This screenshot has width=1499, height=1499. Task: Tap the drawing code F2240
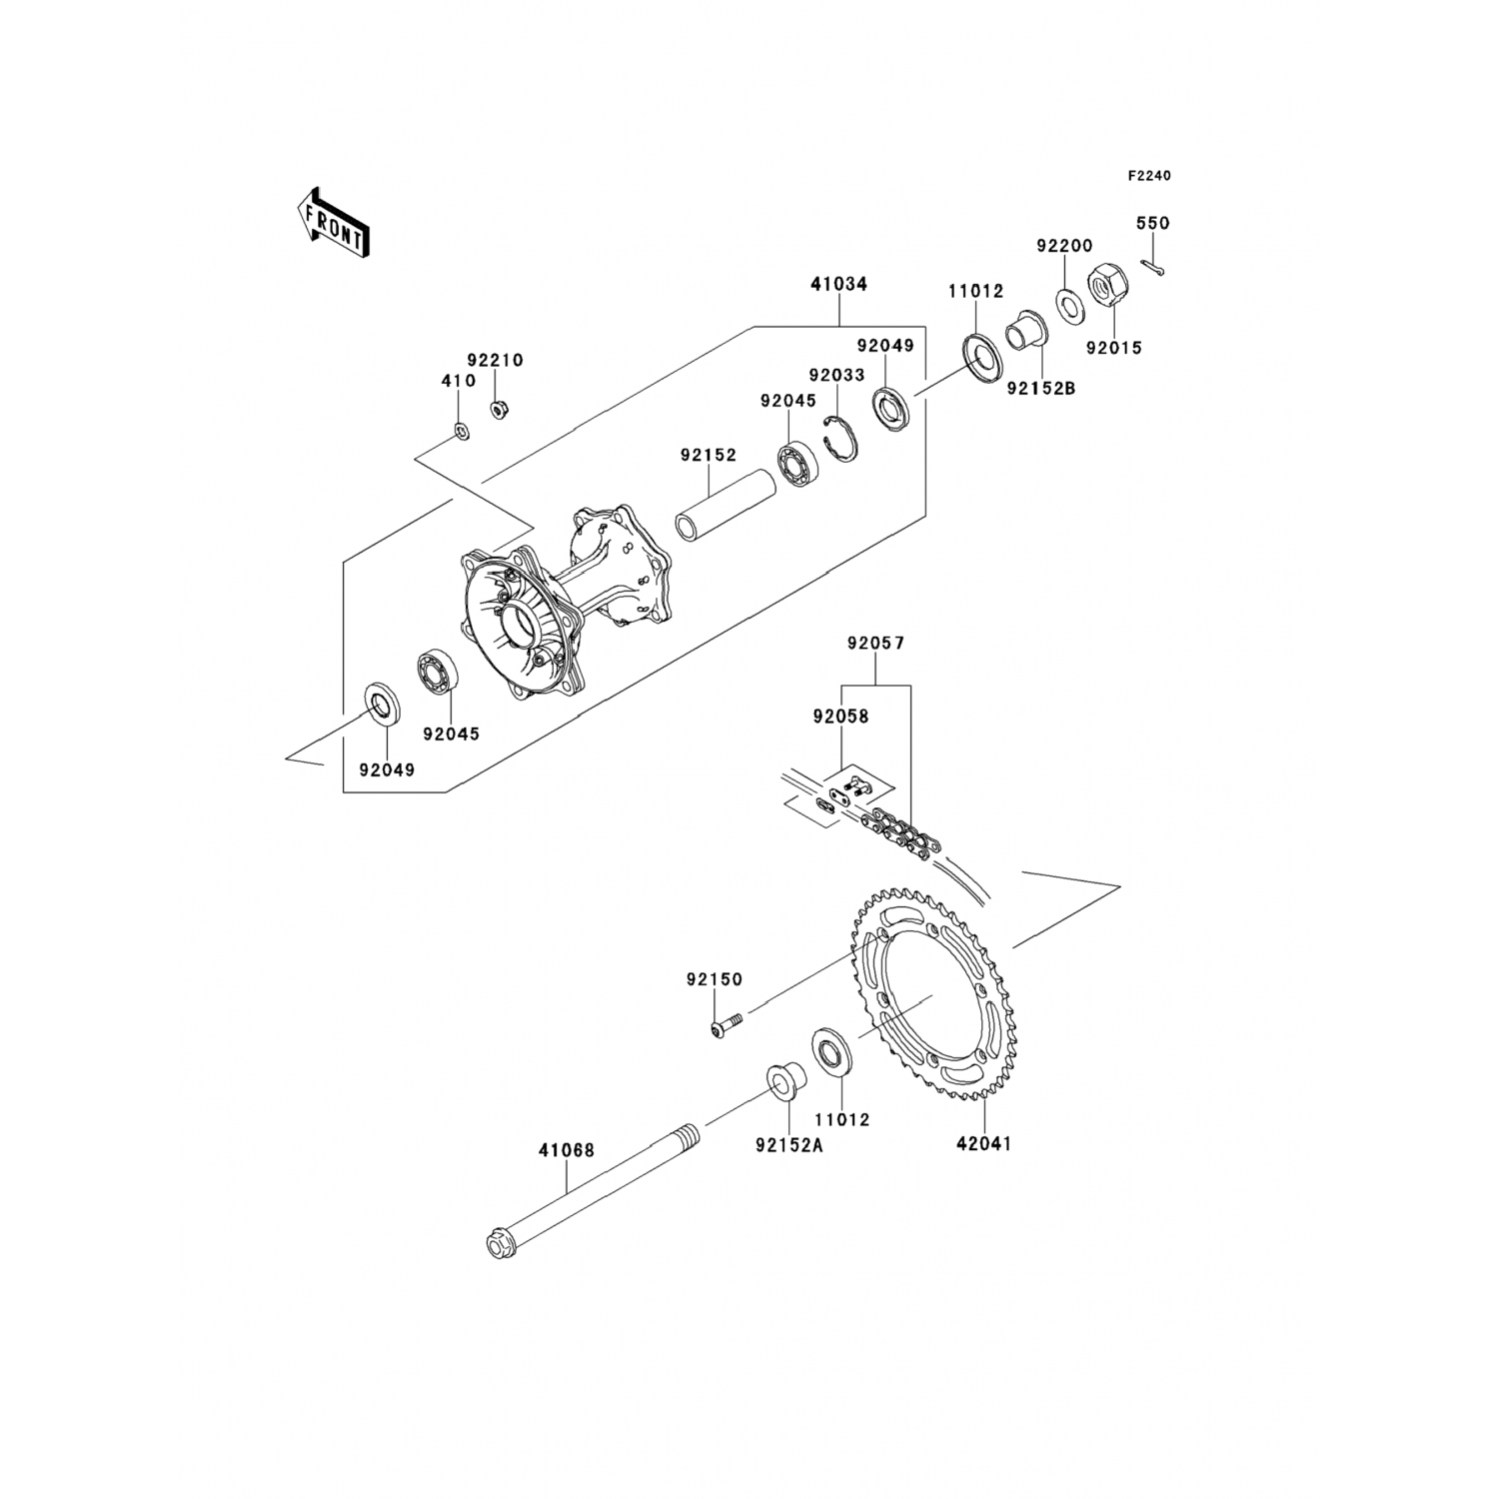[1149, 176]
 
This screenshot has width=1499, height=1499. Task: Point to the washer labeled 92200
[1067, 305]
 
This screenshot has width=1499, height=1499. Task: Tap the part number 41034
[839, 284]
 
